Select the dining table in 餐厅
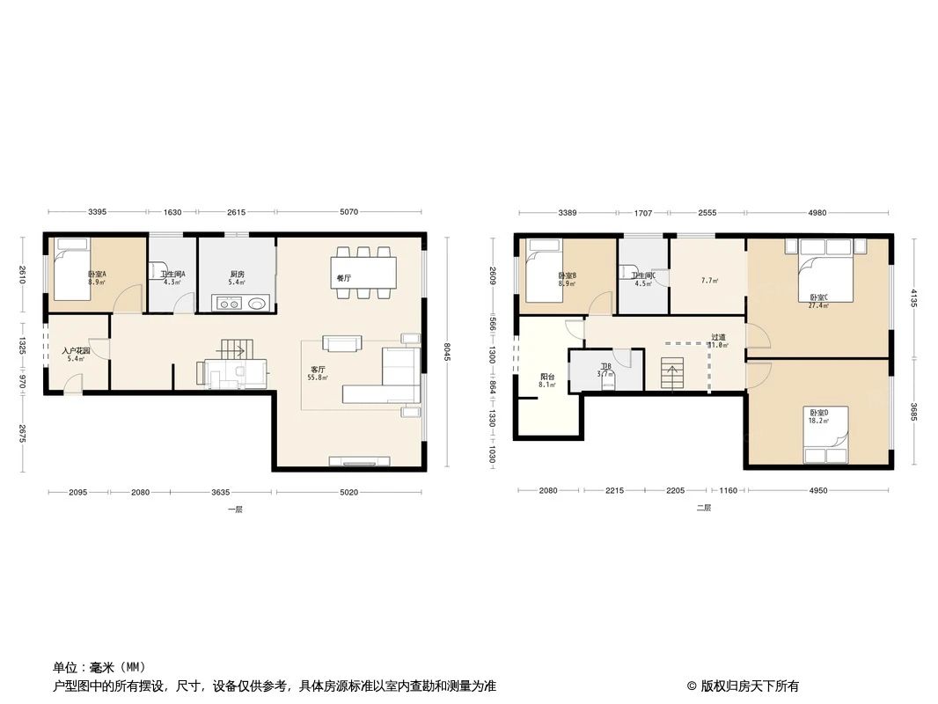pyautogui.click(x=363, y=273)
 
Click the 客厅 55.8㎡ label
pyautogui.click(x=317, y=372)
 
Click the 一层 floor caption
pyautogui.click(x=235, y=510)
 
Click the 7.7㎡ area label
pyautogui.click(x=708, y=281)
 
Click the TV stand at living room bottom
pyautogui.click(x=359, y=460)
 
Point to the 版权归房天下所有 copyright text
pyautogui.click(x=742, y=686)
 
